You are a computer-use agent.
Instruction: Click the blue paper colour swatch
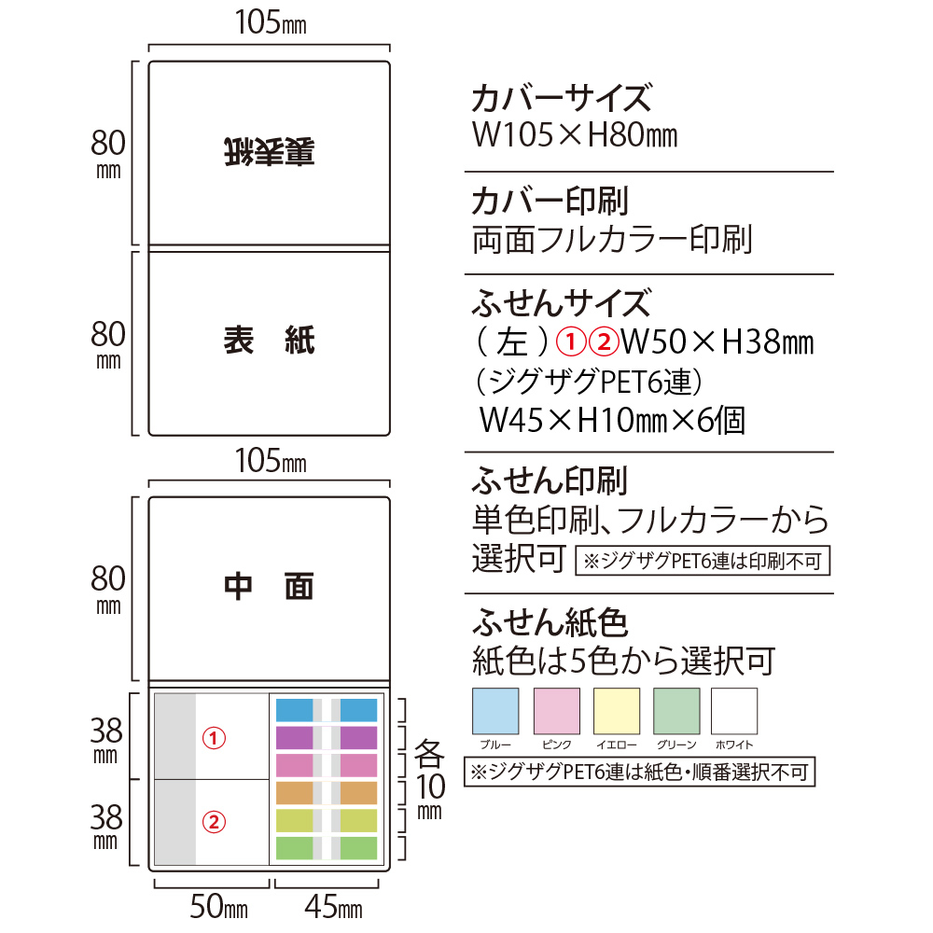[495, 711]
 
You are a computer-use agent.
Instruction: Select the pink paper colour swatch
[556, 711]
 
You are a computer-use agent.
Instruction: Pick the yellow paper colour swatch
[617, 711]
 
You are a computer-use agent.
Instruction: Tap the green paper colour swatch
[676, 711]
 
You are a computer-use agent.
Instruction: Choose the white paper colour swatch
[734, 711]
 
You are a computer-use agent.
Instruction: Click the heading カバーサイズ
[562, 98]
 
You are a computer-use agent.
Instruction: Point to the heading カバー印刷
[550, 201]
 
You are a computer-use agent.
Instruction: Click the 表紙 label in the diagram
[269, 341]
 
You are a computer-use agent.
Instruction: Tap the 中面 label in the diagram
[269, 587]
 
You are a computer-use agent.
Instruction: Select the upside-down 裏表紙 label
[269, 152]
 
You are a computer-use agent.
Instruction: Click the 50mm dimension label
[218, 907]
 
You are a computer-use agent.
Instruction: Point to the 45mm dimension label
[333, 907]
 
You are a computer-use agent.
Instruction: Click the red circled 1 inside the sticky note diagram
[214, 738]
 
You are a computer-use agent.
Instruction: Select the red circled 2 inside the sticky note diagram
[214, 822]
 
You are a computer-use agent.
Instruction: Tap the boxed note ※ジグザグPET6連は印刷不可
[703, 561]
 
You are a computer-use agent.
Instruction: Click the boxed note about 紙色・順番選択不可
[640, 772]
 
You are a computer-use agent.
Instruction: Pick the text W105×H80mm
[575, 135]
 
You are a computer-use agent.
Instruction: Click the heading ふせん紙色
[550, 622]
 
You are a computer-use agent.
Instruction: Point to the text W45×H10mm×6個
[612, 420]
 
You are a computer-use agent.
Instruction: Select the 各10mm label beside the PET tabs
[429, 779]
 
